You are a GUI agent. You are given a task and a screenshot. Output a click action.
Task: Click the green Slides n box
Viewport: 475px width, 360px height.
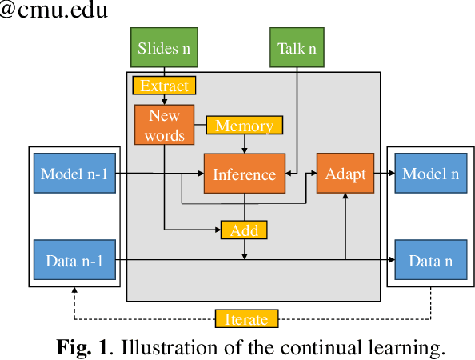point(164,47)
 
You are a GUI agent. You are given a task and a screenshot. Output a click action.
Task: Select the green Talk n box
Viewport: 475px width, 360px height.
point(297,47)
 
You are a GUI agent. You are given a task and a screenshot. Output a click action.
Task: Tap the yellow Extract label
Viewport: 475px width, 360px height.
point(164,85)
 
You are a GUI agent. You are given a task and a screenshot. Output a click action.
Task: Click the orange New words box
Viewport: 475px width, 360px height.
point(166,125)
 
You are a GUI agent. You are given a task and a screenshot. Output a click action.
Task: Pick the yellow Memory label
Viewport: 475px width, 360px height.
point(244,126)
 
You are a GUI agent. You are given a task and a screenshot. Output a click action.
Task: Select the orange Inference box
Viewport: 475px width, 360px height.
point(245,174)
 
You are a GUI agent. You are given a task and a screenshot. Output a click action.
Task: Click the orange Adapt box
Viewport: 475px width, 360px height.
point(345,174)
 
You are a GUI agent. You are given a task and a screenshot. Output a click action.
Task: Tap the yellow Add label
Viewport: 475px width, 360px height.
point(244,230)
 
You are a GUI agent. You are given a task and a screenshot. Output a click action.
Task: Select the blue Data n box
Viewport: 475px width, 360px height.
point(430,260)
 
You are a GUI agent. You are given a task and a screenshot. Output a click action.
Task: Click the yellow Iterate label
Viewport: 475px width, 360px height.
point(246,318)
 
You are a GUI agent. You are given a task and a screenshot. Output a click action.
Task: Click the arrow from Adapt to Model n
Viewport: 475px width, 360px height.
point(385,174)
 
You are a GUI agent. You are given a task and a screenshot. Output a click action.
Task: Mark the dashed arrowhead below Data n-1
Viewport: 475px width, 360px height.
point(74,292)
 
